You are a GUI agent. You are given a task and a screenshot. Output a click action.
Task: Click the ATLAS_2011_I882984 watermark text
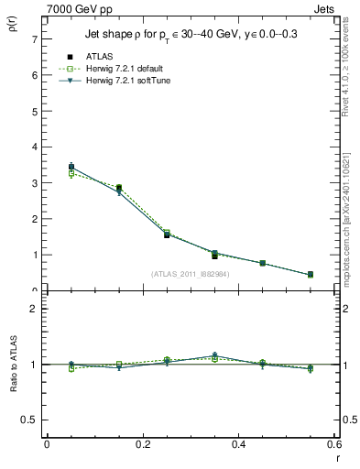point(190,273)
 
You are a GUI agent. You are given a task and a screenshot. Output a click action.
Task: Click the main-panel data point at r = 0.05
point(71,168)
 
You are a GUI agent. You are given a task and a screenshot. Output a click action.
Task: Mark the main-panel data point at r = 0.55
point(311,275)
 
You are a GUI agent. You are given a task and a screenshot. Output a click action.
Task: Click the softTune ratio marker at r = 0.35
point(214,355)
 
